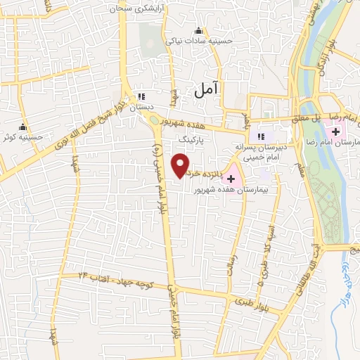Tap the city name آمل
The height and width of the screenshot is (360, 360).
tap(206, 88)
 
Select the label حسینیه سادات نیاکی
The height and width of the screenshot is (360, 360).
tap(198, 41)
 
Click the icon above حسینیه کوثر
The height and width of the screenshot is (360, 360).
tap(23, 127)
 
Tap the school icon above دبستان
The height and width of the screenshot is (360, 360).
tap(141, 96)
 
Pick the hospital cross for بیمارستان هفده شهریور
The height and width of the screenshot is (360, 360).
tap(231, 179)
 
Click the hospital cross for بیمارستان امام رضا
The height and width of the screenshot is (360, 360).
tap(336, 131)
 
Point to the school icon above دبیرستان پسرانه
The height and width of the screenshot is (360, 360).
tap(261, 136)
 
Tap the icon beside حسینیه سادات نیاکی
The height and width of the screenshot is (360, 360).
tap(198, 30)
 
